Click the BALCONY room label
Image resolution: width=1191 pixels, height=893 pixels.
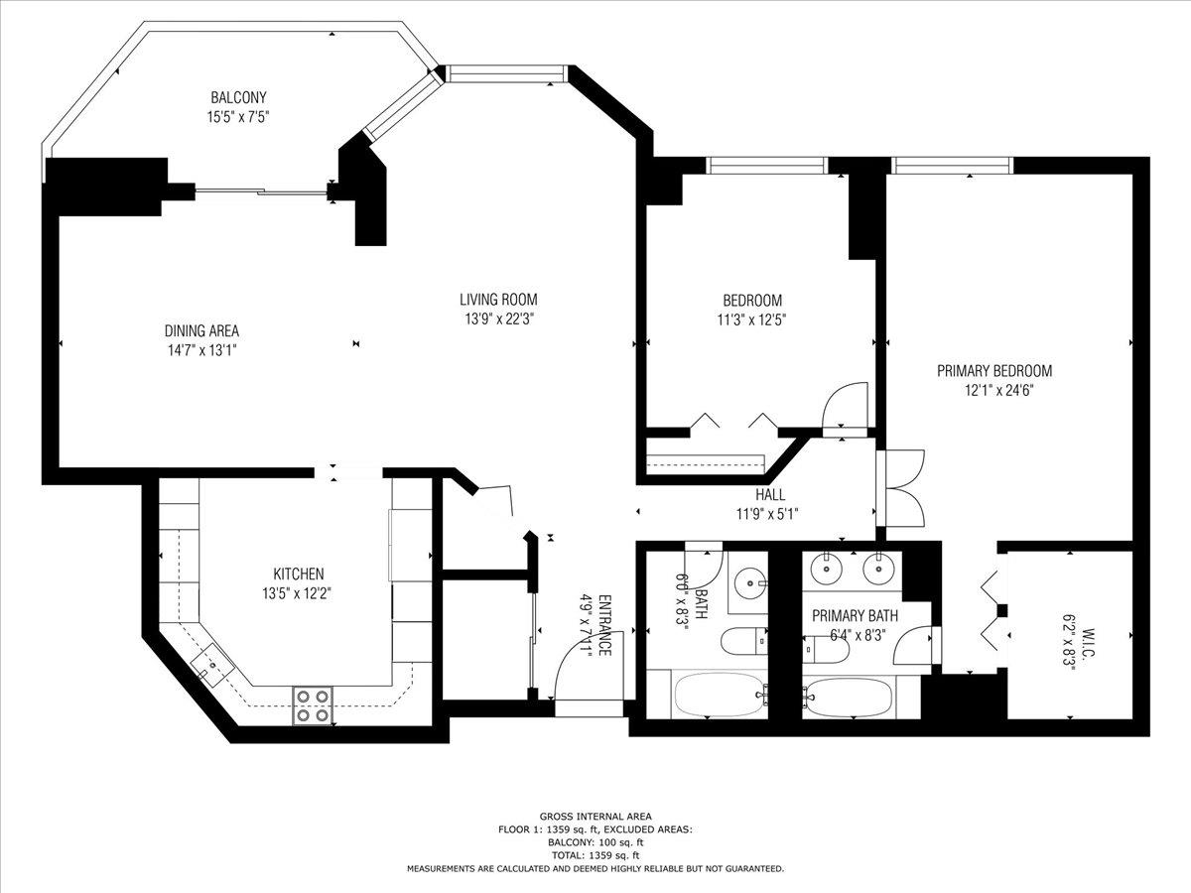click(x=238, y=97)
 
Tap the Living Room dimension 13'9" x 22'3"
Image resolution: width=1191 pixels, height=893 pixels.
click(x=498, y=319)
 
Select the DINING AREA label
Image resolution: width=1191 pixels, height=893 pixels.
click(x=201, y=331)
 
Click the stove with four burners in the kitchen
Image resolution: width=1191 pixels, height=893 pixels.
click(x=312, y=704)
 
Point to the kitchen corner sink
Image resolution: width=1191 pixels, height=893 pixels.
click(x=214, y=664)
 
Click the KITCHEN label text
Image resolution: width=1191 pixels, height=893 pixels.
click(x=299, y=574)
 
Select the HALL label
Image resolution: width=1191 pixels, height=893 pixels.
click(x=769, y=495)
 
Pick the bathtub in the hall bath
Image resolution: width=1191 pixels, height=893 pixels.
click(x=719, y=695)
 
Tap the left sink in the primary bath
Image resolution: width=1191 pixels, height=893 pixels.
click(x=825, y=570)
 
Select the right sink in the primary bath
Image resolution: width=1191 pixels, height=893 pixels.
click(x=875, y=570)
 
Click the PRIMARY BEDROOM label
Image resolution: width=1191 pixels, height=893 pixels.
click(x=994, y=371)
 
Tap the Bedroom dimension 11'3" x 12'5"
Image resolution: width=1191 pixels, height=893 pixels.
click(x=751, y=319)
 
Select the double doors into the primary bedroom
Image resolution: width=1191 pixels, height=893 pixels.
click(x=901, y=488)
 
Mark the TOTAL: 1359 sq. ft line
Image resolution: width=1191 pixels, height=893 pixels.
click(x=595, y=854)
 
